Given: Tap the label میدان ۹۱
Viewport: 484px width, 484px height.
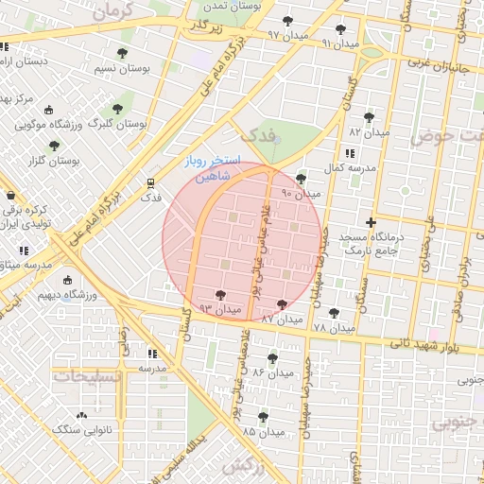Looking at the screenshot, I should click(x=339, y=43).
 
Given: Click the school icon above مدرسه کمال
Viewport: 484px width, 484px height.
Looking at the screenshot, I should click(x=350, y=152).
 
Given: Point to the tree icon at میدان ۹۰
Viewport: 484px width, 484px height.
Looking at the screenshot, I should click(x=301, y=179).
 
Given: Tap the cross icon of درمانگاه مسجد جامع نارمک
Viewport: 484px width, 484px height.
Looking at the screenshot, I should click(x=371, y=222).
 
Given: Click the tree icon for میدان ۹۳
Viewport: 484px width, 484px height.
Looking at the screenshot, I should click(x=220, y=296).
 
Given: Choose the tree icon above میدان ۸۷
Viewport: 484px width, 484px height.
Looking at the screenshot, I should click(x=282, y=304).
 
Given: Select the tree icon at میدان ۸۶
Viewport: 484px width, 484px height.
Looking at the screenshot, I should click(x=272, y=358).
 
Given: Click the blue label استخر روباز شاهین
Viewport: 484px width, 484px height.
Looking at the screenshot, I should click(x=213, y=168).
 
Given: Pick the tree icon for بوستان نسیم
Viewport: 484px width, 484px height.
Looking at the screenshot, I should click(x=121, y=53).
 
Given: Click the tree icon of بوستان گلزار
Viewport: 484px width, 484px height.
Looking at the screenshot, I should click(x=55, y=146).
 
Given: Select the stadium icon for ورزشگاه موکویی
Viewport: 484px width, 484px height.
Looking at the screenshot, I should click(x=50, y=110).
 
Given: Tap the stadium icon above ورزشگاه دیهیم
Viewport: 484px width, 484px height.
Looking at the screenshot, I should click(x=66, y=280).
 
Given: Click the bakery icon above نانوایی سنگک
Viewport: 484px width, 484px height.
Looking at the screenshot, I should click(x=81, y=415).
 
